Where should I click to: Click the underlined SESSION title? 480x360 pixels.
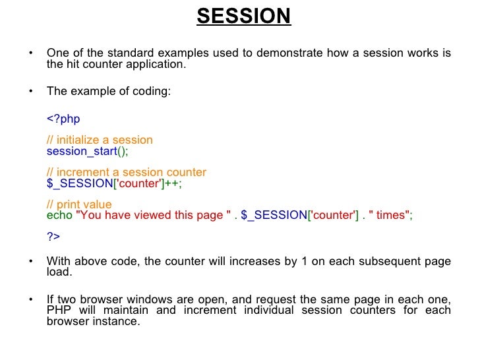click(x=243, y=16)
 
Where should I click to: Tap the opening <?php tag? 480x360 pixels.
click(x=63, y=119)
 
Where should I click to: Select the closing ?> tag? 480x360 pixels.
click(x=53, y=237)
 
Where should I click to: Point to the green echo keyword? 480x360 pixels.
click(x=59, y=216)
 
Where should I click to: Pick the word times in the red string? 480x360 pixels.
click(x=395, y=216)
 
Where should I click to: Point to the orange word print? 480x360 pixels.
click(x=69, y=205)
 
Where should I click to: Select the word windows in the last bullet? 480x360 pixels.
click(x=139, y=299)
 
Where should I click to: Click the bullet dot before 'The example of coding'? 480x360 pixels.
click(x=30, y=92)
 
